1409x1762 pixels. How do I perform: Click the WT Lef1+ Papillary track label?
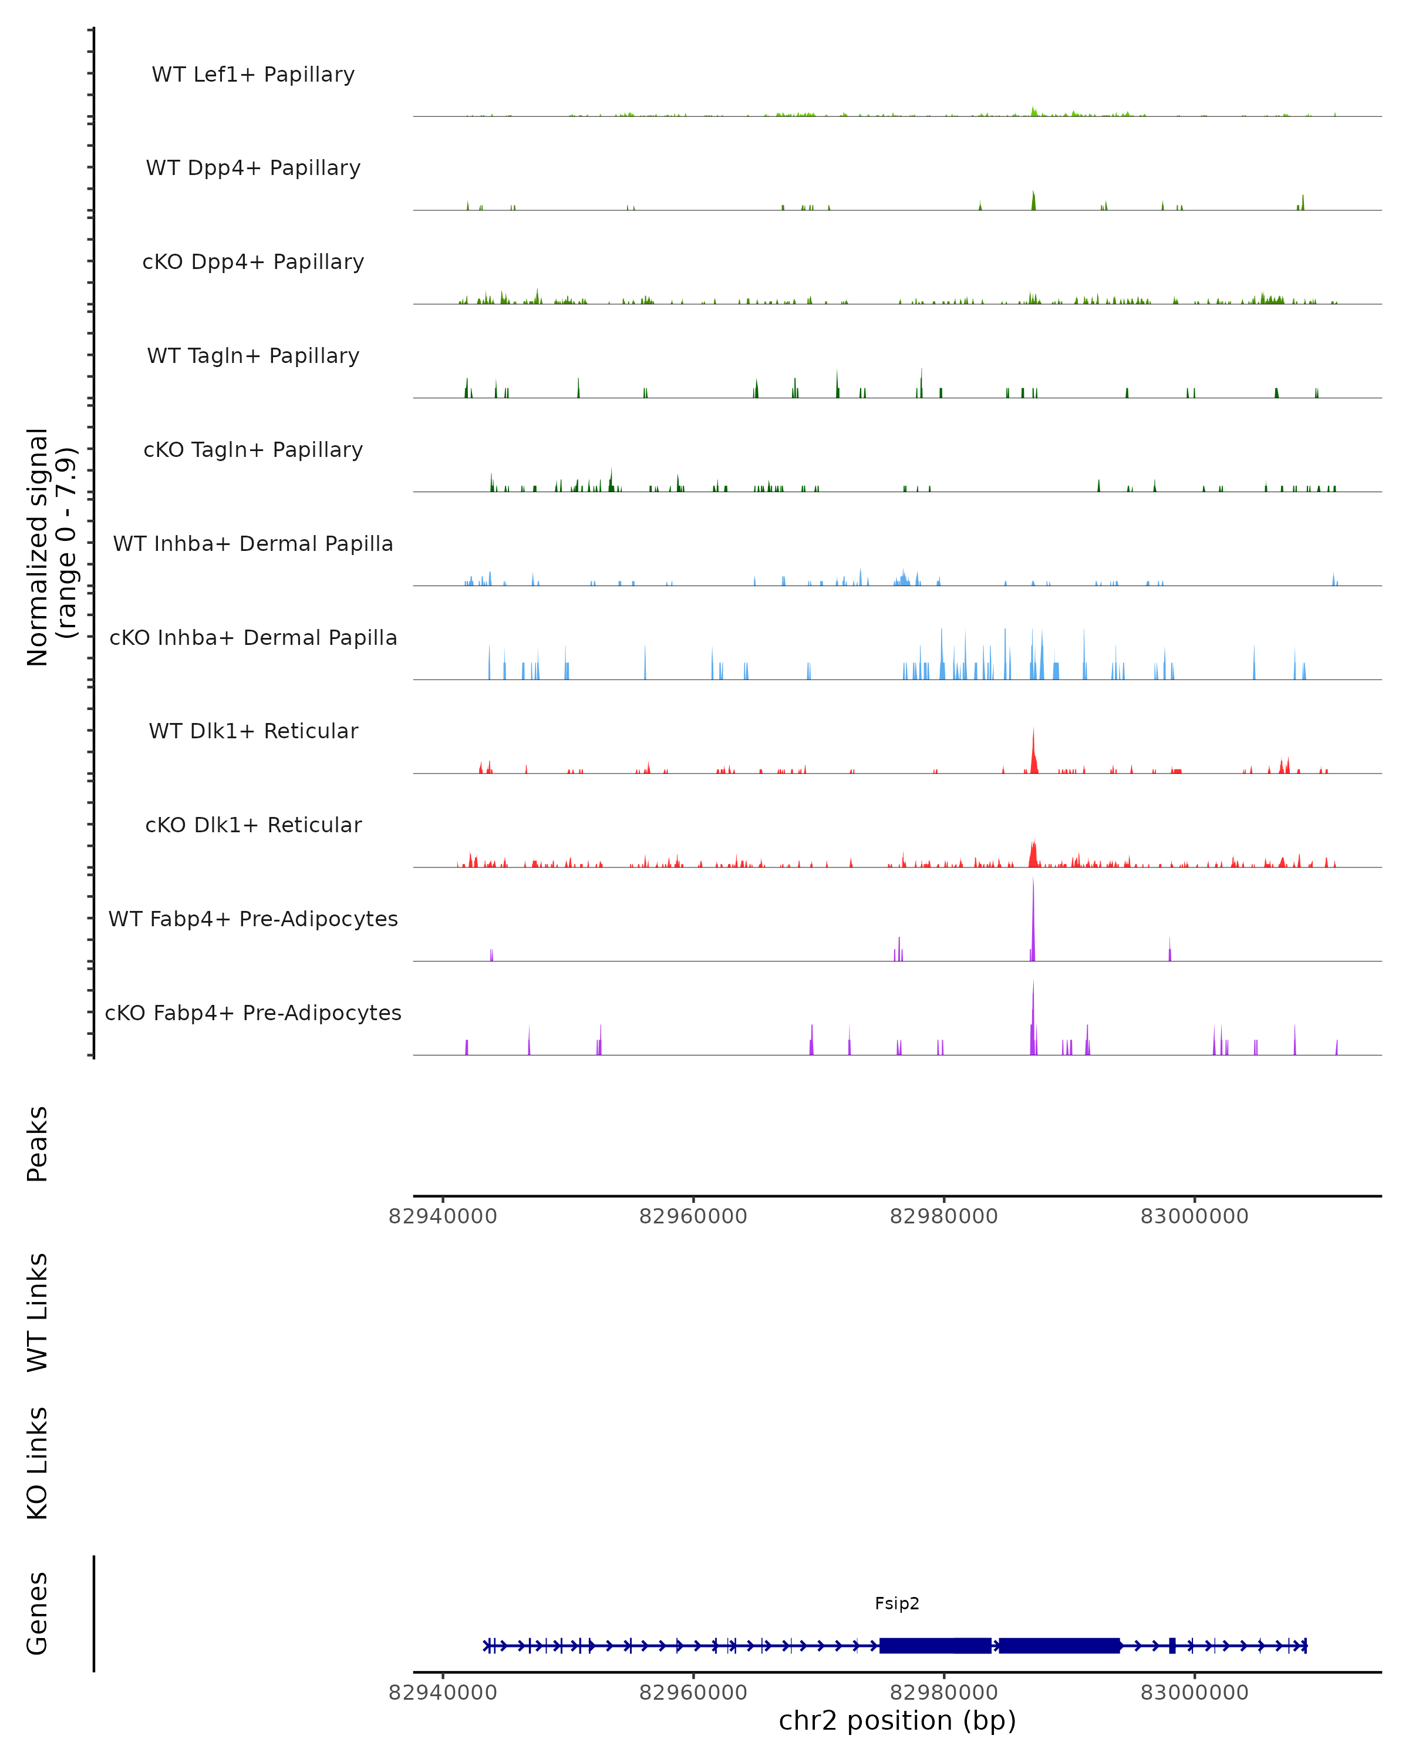point(253,75)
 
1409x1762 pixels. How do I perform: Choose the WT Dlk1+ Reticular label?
point(253,731)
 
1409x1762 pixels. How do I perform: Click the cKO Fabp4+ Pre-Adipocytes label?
point(253,1013)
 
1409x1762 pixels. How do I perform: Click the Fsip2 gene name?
point(897,1603)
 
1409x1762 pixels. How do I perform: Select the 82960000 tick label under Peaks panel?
point(693,1216)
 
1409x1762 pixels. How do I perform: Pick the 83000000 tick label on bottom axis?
point(1194,1693)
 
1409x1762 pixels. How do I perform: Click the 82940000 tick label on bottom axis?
point(443,1693)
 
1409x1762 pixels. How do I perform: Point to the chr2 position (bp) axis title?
point(897,1721)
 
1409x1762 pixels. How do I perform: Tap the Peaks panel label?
point(38,1144)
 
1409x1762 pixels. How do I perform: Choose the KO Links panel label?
point(38,1463)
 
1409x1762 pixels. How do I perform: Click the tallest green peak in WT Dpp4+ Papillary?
point(1033,201)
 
